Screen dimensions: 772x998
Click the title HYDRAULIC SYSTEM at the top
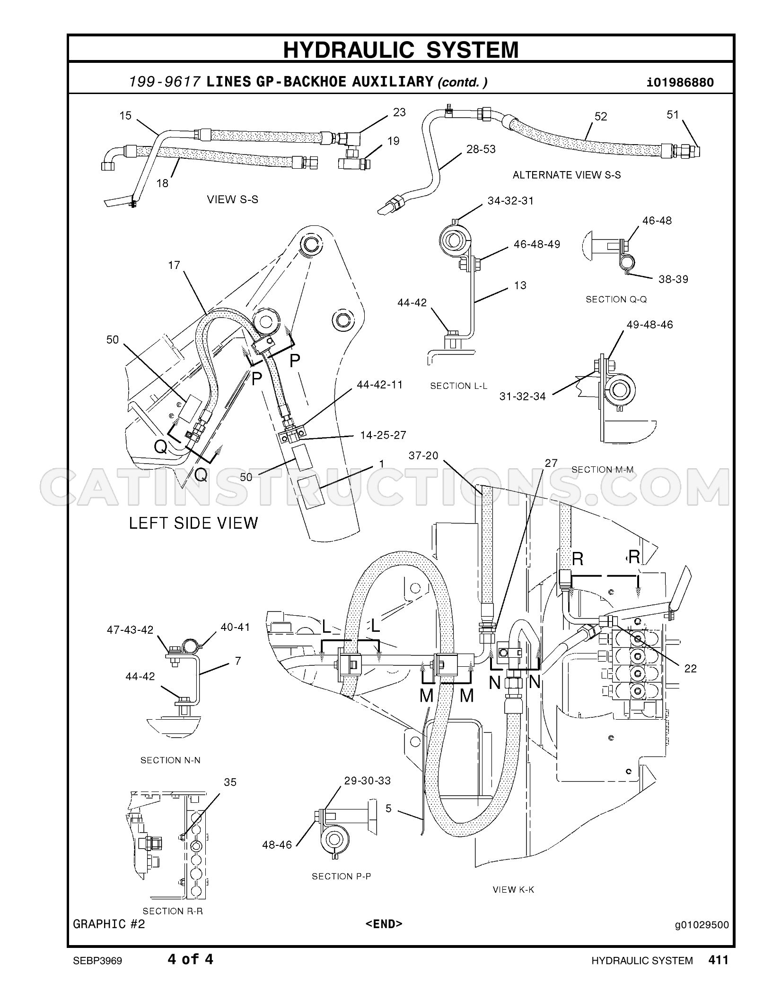coord(401,49)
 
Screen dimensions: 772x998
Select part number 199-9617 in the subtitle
coord(164,82)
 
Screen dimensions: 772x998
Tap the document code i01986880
coord(680,82)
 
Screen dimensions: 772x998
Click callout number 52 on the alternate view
coord(600,116)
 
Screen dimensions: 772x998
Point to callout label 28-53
coord(481,149)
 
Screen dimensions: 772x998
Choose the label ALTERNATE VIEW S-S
coord(567,175)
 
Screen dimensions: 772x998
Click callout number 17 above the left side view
coord(174,265)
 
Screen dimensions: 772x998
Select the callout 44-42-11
coord(379,385)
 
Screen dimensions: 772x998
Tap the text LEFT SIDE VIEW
coord(193,523)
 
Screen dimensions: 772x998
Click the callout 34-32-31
coord(510,201)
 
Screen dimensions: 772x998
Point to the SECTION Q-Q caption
coord(616,299)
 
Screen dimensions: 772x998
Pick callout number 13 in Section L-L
coord(520,285)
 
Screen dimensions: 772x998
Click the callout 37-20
coord(424,456)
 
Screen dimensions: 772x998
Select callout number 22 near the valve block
coord(690,668)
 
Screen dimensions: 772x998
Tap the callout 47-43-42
coord(130,630)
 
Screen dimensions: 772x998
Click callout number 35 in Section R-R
coord(230,783)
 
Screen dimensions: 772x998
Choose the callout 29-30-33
coord(368,781)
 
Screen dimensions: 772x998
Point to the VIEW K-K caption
coord(513,890)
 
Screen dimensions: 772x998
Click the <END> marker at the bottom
coord(384,924)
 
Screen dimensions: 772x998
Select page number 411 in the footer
coord(719,959)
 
